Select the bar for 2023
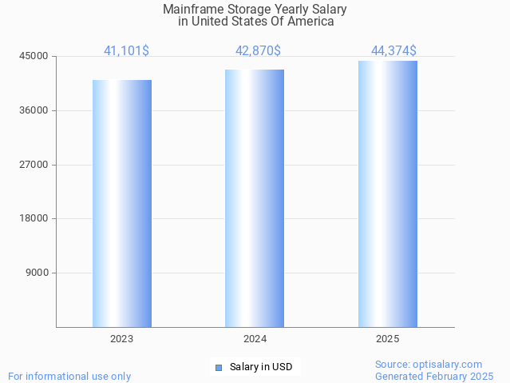(122, 203)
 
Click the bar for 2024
(255, 198)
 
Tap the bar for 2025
(387, 193)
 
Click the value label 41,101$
(126, 51)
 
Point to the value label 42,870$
(258, 51)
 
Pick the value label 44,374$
(393, 51)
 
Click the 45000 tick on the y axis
(34, 57)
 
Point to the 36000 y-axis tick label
(34, 110)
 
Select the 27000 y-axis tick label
(34, 165)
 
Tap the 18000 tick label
(34, 218)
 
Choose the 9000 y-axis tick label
(37, 273)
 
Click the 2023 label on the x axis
(122, 339)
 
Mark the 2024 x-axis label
(255, 339)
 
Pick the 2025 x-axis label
(387, 339)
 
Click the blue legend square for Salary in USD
(219, 368)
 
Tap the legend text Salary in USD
(261, 368)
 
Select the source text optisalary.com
(429, 364)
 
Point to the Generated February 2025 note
(434, 376)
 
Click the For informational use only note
(69, 376)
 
